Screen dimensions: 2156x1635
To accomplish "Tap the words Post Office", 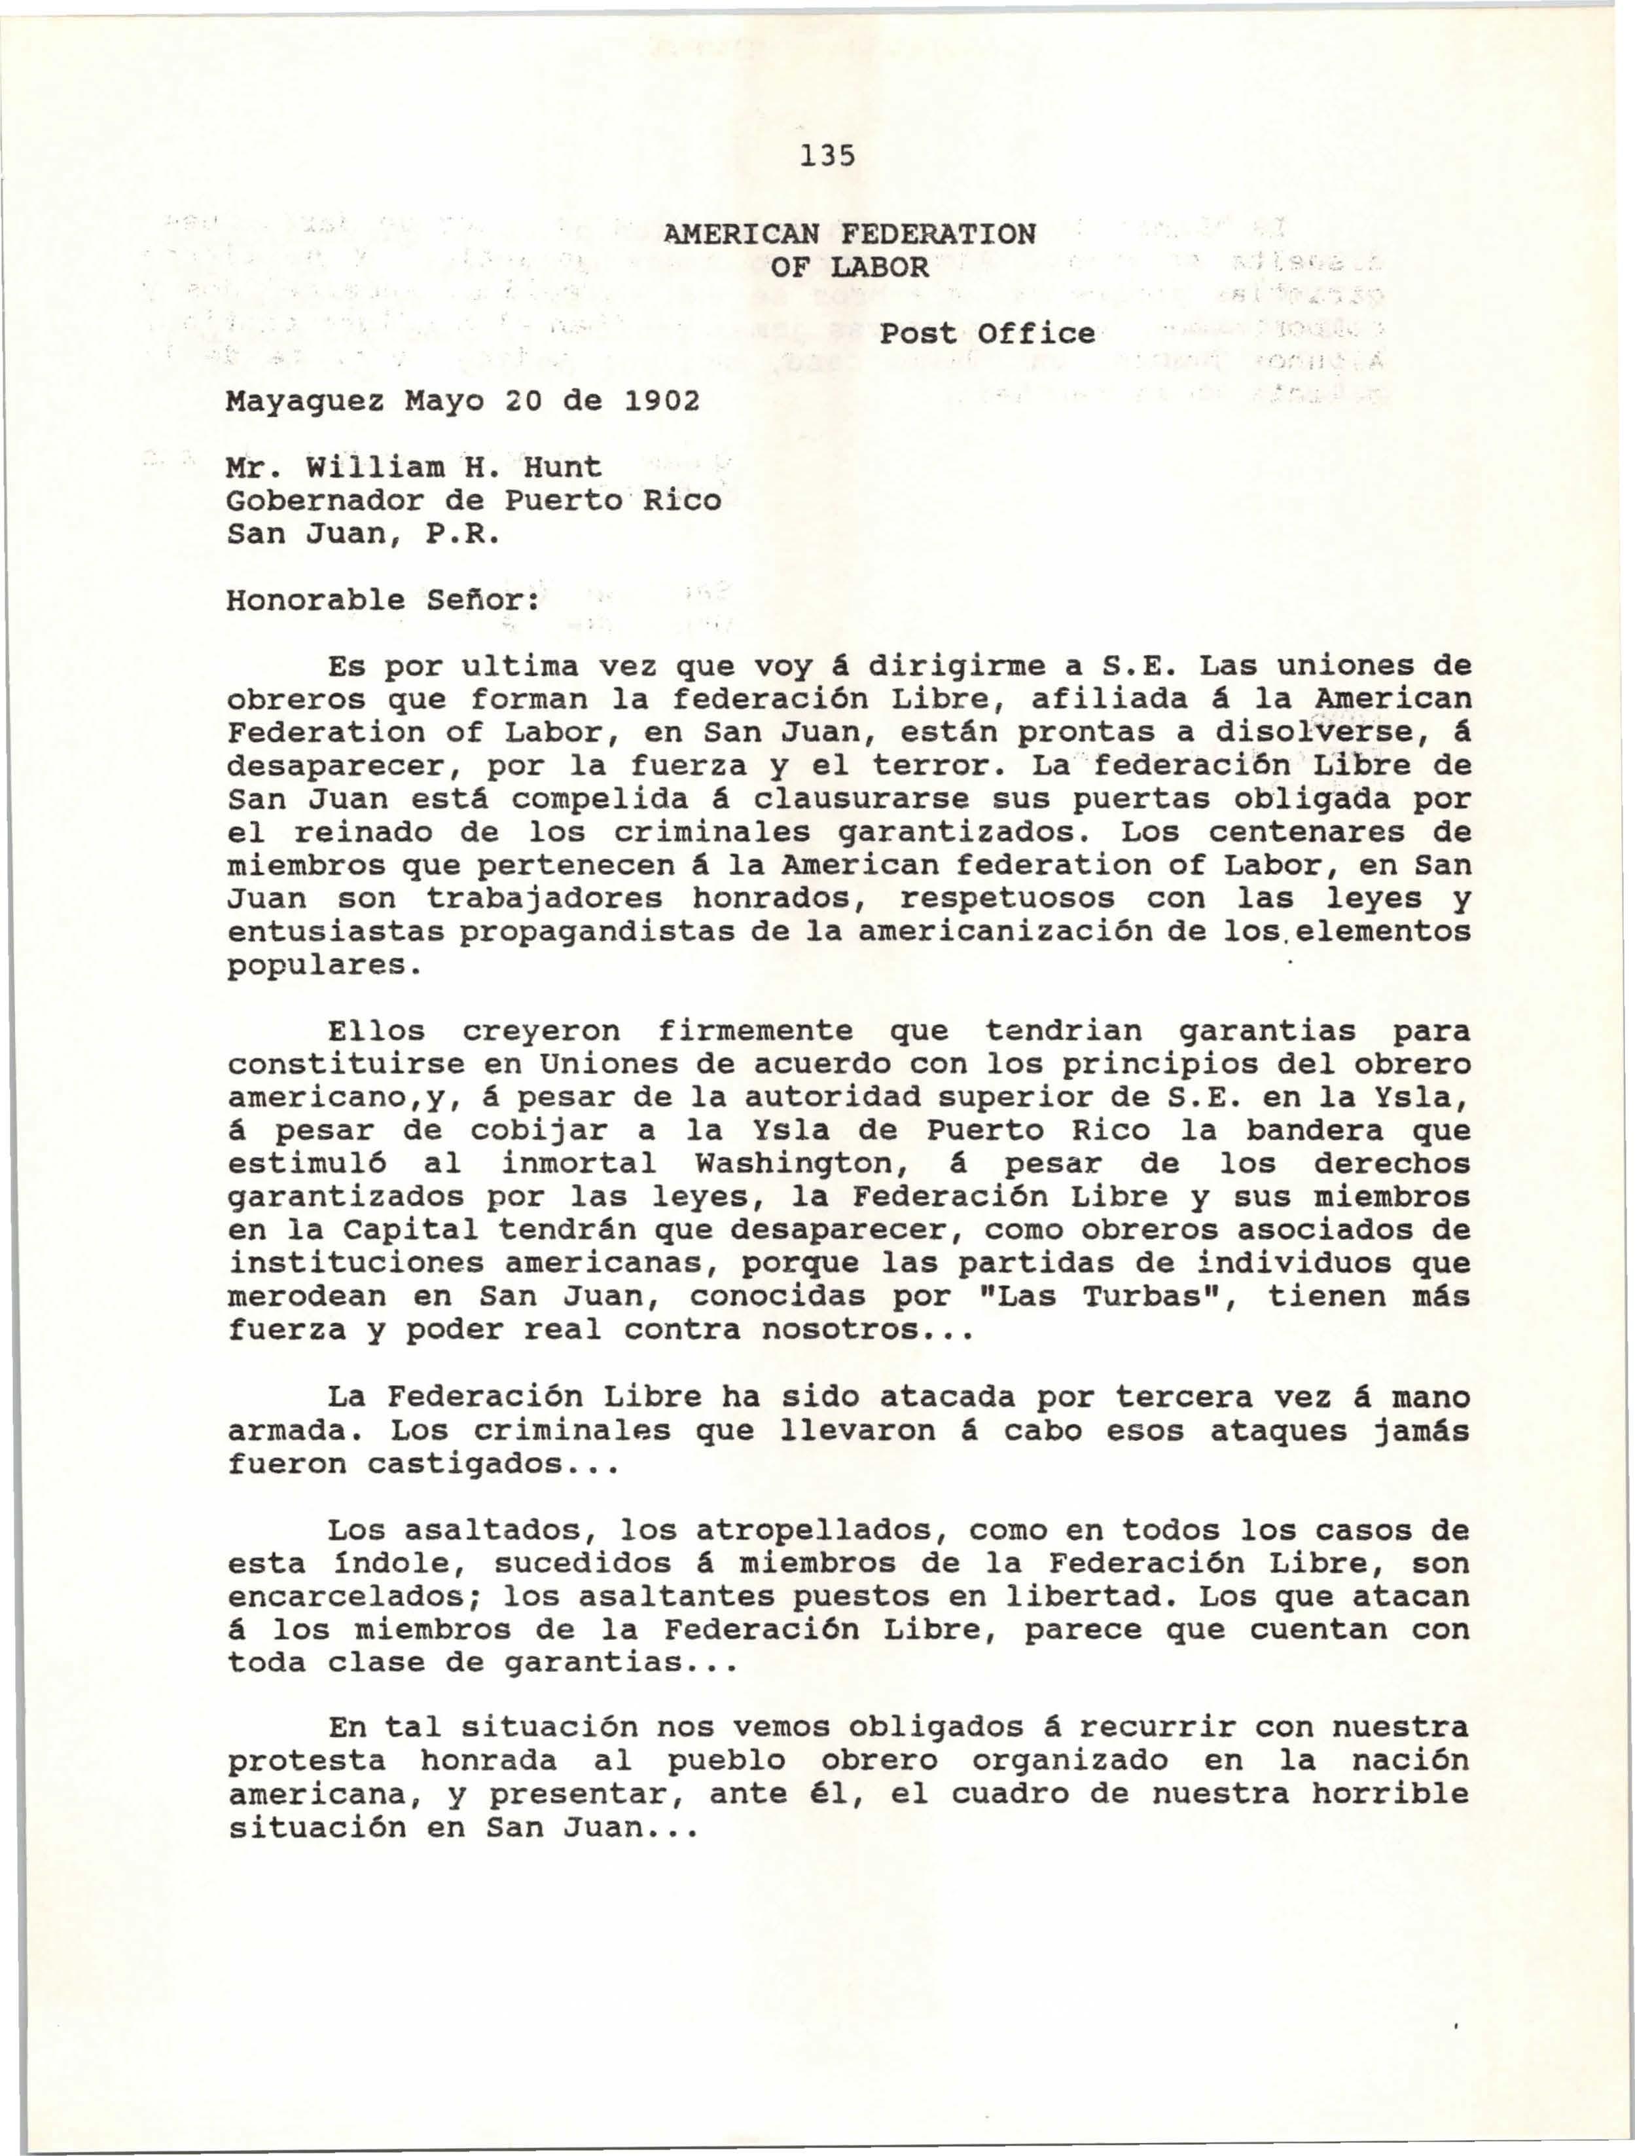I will tap(987, 333).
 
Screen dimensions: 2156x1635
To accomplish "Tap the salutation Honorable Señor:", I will tap(382, 599).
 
